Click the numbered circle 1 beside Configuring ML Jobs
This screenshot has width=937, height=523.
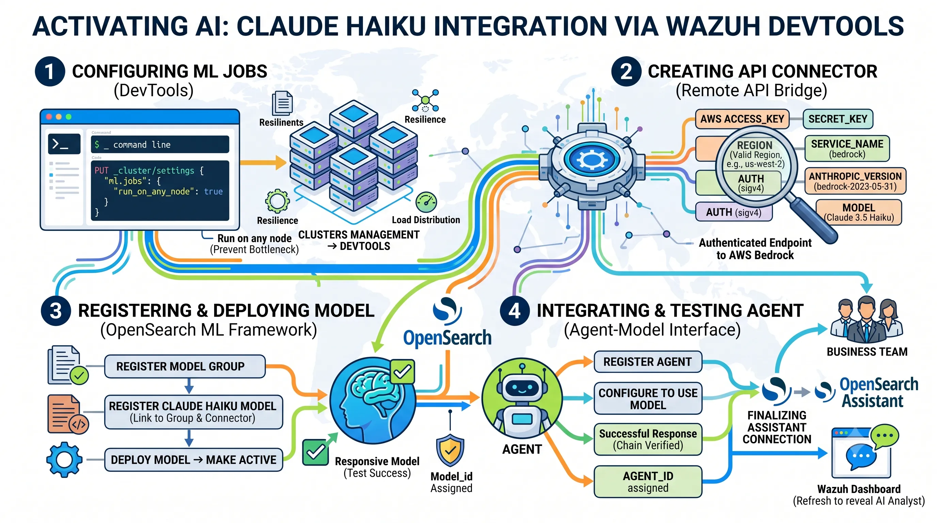pos(50,71)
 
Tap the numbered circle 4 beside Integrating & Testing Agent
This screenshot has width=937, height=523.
pos(514,311)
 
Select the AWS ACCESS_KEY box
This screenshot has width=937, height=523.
pos(742,119)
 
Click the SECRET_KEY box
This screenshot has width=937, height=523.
pos(838,119)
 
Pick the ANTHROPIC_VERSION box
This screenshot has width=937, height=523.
pos(855,181)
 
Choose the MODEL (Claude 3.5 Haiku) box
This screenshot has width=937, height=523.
pos(859,212)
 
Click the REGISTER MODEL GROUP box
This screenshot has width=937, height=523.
pos(185,366)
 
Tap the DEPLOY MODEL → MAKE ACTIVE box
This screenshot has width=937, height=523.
pos(193,460)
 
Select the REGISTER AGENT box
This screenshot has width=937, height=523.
pos(648,362)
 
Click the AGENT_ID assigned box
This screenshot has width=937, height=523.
pos(648,481)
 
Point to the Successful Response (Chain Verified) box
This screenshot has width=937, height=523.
pos(648,439)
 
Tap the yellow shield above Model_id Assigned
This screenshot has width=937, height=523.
pos(450,450)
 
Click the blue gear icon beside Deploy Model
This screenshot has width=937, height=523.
pos(64,460)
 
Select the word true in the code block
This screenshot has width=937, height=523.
pos(213,191)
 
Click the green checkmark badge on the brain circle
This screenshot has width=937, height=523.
pos(402,372)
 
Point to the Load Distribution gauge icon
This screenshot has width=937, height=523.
pos(426,202)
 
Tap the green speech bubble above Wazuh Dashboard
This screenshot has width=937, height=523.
pos(884,437)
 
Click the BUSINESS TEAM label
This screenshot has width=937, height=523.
pos(867,352)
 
